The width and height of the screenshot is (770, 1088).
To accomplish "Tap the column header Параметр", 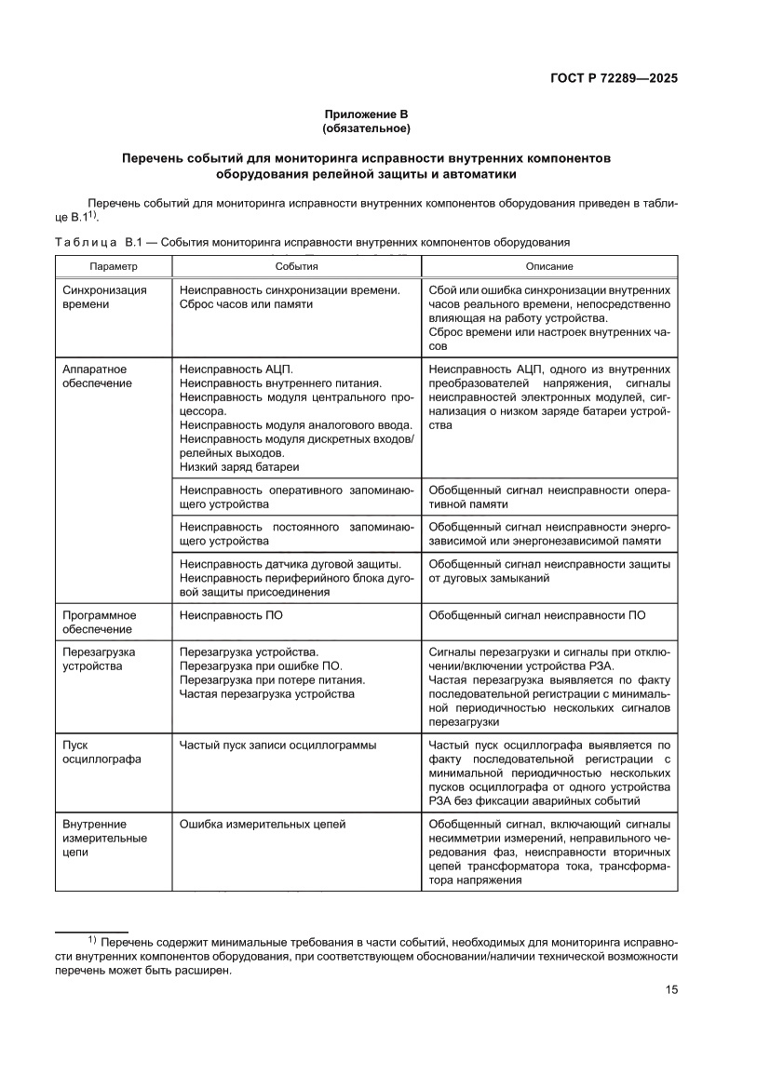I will (114, 266).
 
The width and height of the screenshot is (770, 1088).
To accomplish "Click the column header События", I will (296, 266).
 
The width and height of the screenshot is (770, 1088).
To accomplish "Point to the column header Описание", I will (549, 266).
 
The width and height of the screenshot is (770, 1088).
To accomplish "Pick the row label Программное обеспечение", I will (100, 622).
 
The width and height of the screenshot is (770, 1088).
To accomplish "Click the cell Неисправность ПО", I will (230, 615).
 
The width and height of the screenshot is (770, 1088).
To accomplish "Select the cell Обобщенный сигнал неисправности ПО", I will (537, 615).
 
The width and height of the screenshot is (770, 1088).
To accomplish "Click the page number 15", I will (670, 989).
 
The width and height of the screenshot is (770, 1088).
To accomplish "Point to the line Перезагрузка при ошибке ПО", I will (261, 665).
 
